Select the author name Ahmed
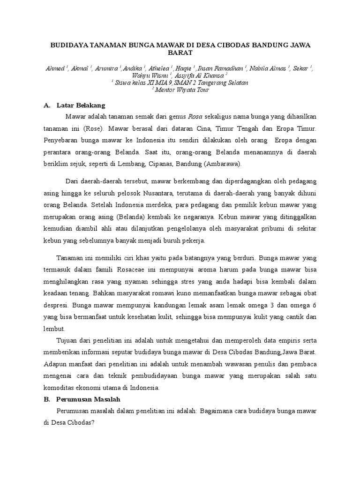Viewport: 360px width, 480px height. (x=54, y=68)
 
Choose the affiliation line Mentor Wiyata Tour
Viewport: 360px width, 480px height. (x=181, y=90)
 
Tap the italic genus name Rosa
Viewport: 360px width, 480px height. (x=195, y=117)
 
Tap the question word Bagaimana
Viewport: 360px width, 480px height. (x=220, y=411)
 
